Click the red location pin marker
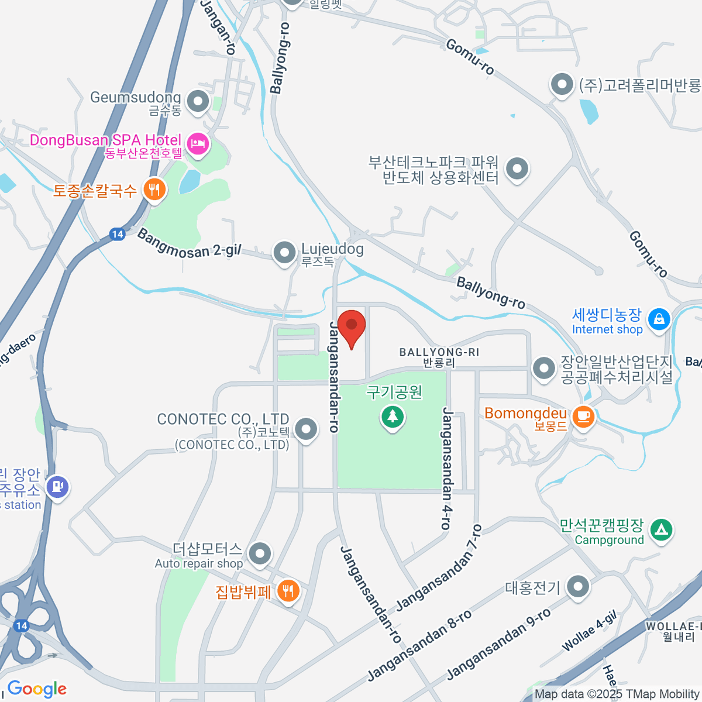click(352, 326)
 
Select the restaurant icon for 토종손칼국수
click(154, 190)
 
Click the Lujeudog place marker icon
click(285, 253)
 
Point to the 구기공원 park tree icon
click(392, 417)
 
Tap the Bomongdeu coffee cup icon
click(583, 416)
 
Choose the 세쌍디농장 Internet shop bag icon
click(659, 319)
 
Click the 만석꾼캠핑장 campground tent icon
click(662, 529)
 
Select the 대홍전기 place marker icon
click(578, 586)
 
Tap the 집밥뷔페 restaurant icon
click(287, 591)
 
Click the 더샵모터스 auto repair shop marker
click(260, 553)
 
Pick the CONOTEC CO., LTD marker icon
click(305, 429)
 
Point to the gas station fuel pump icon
click(57, 486)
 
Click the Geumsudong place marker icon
click(198, 101)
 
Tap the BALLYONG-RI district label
click(439, 357)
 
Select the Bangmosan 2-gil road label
click(189, 243)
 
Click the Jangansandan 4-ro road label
click(447, 468)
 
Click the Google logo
click(37, 689)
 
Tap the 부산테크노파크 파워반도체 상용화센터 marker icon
click(517, 170)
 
